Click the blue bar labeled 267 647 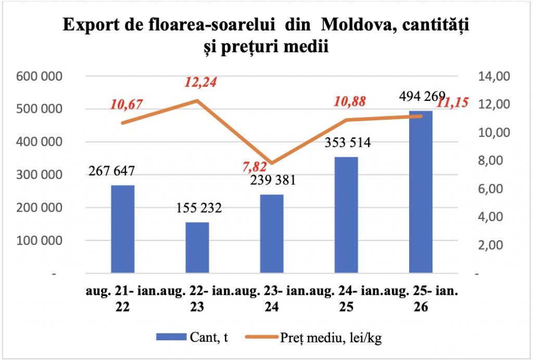tap(123, 229)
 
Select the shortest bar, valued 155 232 tap(197, 248)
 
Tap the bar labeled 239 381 tap(272, 234)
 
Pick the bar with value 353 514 tap(346, 215)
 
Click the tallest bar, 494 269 tap(421, 192)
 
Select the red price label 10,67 tap(126, 104)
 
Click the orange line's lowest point tap(272, 163)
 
